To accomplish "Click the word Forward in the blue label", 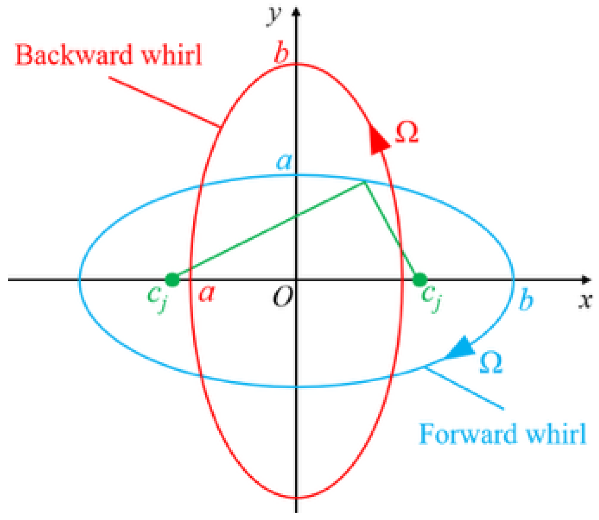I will [467, 434].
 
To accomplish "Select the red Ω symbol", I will [407, 132].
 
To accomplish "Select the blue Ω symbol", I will [491, 363].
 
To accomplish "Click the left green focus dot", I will [172, 280].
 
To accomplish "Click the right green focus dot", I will [420, 280].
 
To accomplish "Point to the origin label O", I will [283, 297].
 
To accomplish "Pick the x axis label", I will [585, 300].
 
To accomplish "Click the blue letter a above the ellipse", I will [284, 162].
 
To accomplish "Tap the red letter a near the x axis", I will [207, 294].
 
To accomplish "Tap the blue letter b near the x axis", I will [526, 300].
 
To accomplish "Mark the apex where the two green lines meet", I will [365, 183].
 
